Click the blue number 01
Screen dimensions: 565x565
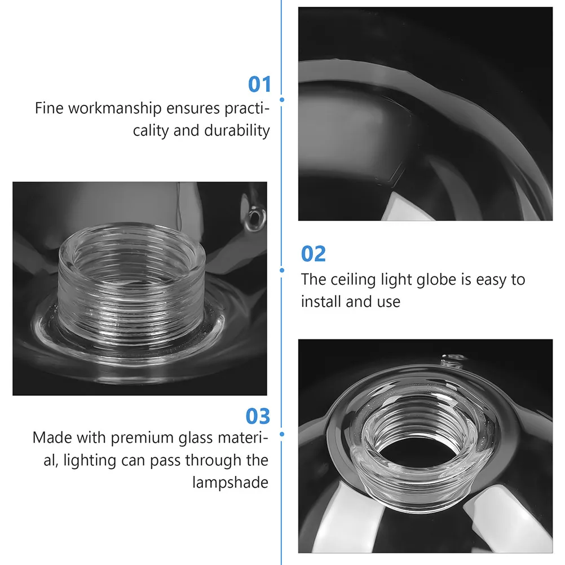point(259,85)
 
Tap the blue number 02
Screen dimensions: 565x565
point(314,254)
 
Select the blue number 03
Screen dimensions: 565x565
point(258,417)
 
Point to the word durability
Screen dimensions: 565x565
point(237,130)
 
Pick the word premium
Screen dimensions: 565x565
point(142,438)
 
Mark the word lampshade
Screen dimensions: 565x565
point(229,483)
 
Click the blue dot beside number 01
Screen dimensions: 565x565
point(282,100)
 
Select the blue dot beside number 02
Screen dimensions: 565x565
point(282,270)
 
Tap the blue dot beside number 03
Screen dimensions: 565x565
point(282,434)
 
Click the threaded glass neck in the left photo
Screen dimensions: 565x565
point(131,282)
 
